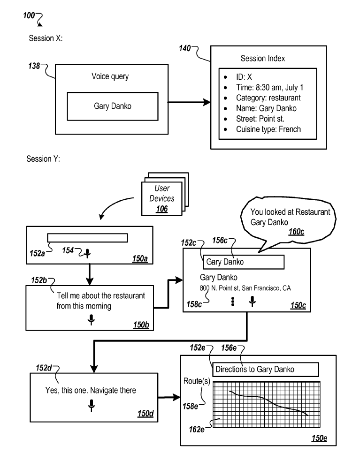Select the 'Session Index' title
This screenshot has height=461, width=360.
coord(262,59)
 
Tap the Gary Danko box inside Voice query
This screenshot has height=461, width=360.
coord(112,106)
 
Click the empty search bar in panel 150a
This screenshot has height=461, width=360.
coord(87,237)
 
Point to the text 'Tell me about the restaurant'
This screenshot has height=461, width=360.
coord(98,296)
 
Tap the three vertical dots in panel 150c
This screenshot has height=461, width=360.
coord(232,302)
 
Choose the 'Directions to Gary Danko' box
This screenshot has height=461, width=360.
coord(266,369)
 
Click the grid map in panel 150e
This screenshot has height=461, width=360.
coord(266,403)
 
